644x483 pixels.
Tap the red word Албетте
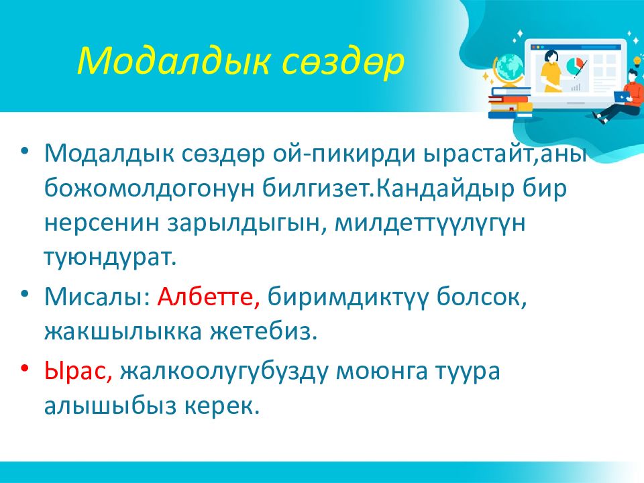(x=209, y=297)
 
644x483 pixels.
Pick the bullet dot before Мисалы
(x=25, y=293)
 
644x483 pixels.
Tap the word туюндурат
(x=110, y=259)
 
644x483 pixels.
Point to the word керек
(x=222, y=407)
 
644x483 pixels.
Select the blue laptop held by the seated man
(x=623, y=96)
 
